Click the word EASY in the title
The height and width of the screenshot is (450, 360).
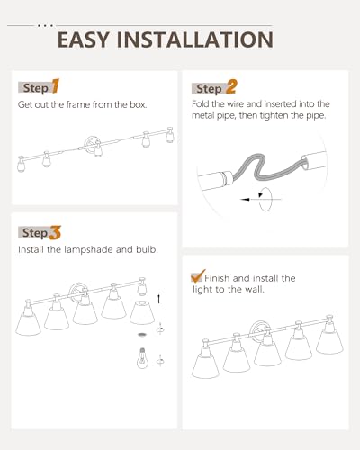click(x=83, y=40)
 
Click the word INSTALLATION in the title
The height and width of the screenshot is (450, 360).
click(x=195, y=40)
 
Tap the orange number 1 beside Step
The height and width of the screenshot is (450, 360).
click(x=56, y=86)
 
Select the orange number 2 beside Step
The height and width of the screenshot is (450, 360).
click(x=231, y=86)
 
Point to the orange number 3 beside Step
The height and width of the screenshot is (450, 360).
click(x=55, y=233)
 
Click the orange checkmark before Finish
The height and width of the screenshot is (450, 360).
click(x=198, y=276)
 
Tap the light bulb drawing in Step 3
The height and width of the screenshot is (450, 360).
click(x=142, y=358)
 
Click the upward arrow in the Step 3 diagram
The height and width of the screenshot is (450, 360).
click(x=158, y=299)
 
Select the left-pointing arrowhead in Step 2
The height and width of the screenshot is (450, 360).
click(x=245, y=199)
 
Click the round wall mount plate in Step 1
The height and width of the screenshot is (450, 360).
click(x=90, y=144)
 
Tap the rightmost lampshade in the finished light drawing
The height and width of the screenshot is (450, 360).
click(x=329, y=341)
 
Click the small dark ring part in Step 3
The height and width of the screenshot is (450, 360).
click(x=141, y=334)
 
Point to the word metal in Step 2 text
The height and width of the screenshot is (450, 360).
click(x=202, y=115)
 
